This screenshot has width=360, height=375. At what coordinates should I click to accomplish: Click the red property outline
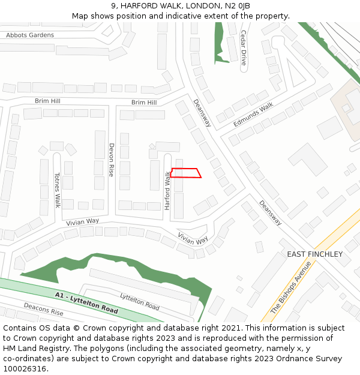pos(186,173)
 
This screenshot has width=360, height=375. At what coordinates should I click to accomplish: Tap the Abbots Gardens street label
pos(30,35)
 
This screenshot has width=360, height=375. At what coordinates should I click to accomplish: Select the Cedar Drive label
pos(244,48)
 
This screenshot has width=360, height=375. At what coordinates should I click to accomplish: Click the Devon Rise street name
pos(111,160)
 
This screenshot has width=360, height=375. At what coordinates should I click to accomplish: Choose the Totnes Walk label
pos(58,190)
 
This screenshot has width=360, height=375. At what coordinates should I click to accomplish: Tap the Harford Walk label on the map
pos(167,190)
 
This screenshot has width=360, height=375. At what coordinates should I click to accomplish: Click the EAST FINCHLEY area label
pos(314,254)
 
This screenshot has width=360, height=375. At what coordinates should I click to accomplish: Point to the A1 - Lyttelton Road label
pos(86,303)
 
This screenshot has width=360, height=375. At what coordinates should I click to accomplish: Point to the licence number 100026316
pos(26,369)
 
